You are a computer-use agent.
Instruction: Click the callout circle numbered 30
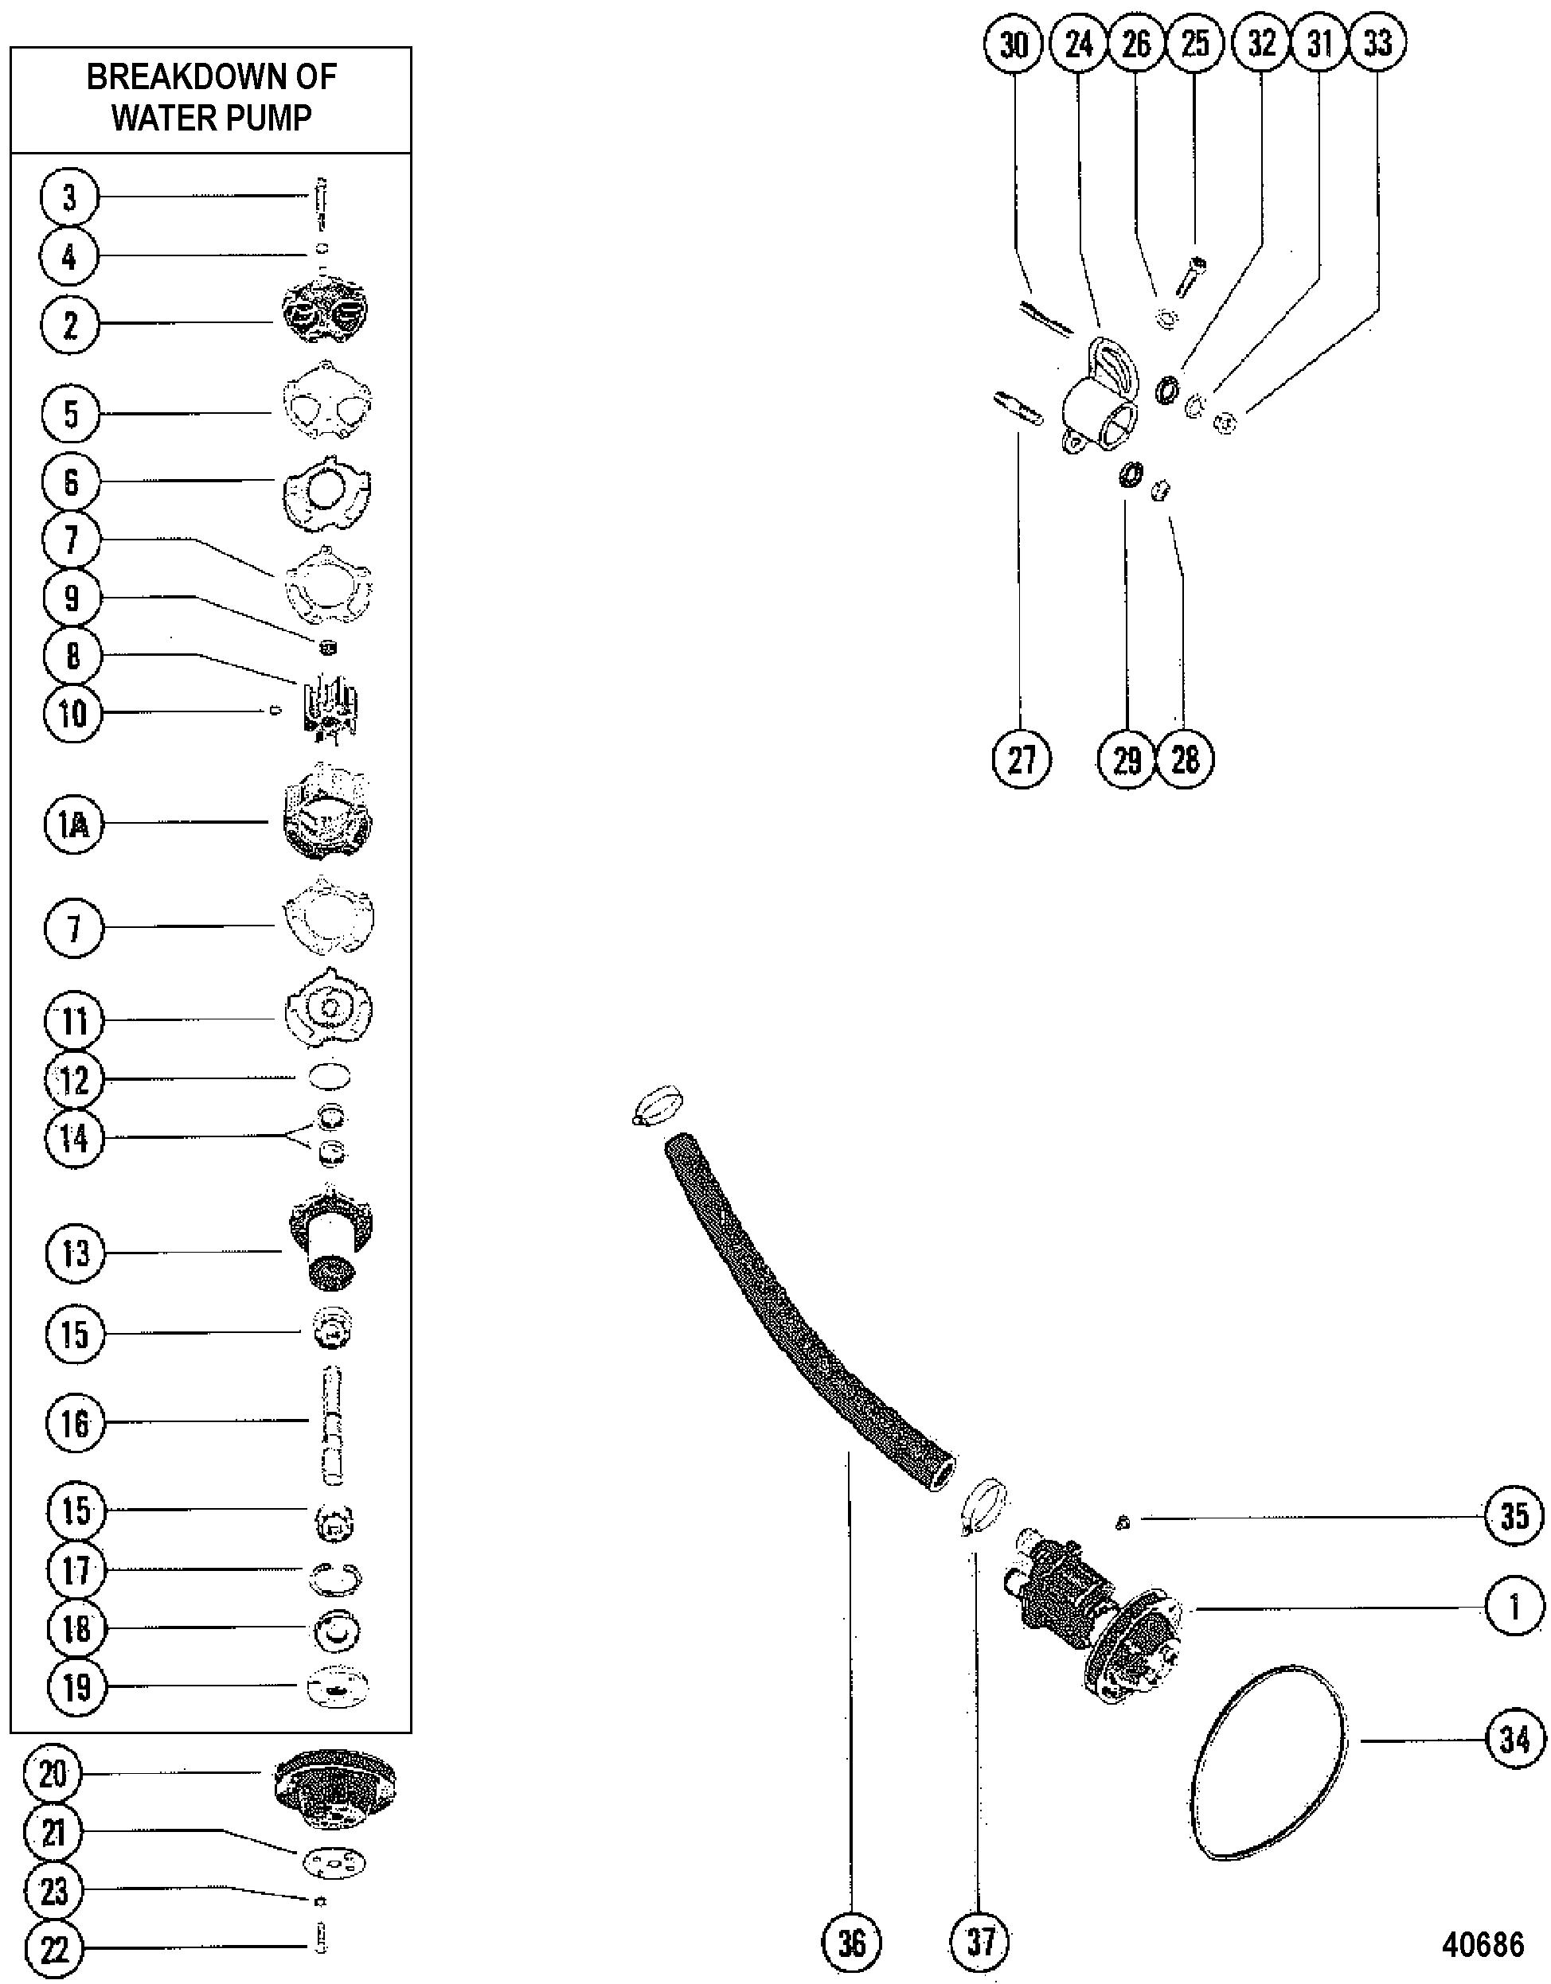point(1014,44)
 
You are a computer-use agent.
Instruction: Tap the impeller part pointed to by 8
point(328,708)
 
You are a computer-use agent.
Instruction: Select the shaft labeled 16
point(333,1425)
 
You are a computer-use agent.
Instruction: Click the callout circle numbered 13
point(75,1253)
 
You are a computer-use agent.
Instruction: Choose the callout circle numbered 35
point(1514,1515)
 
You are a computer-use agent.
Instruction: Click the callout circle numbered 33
point(1377,44)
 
